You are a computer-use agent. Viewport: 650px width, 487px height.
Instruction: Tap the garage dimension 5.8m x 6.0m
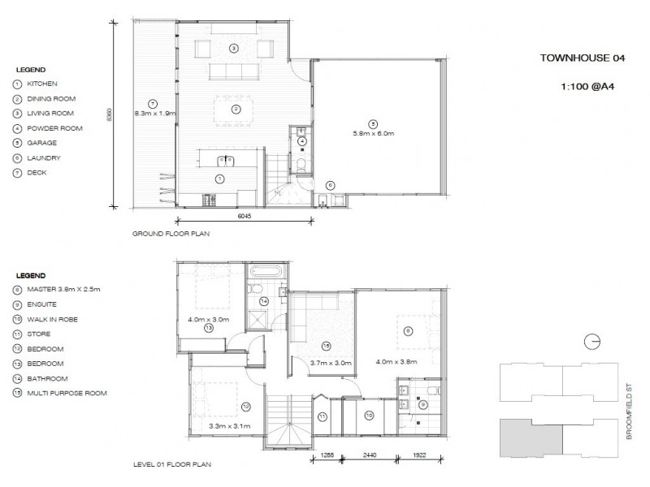[x=373, y=132]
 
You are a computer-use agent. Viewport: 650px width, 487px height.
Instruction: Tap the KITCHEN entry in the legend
[x=40, y=84]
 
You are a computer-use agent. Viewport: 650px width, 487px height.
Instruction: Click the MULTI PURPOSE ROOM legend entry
[x=67, y=394]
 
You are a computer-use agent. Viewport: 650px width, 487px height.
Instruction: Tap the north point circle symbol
[x=592, y=341]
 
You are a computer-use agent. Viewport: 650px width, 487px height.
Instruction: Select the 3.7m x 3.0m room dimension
[x=331, y=362]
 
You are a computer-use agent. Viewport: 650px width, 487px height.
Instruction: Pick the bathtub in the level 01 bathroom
[x=265, y=271]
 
